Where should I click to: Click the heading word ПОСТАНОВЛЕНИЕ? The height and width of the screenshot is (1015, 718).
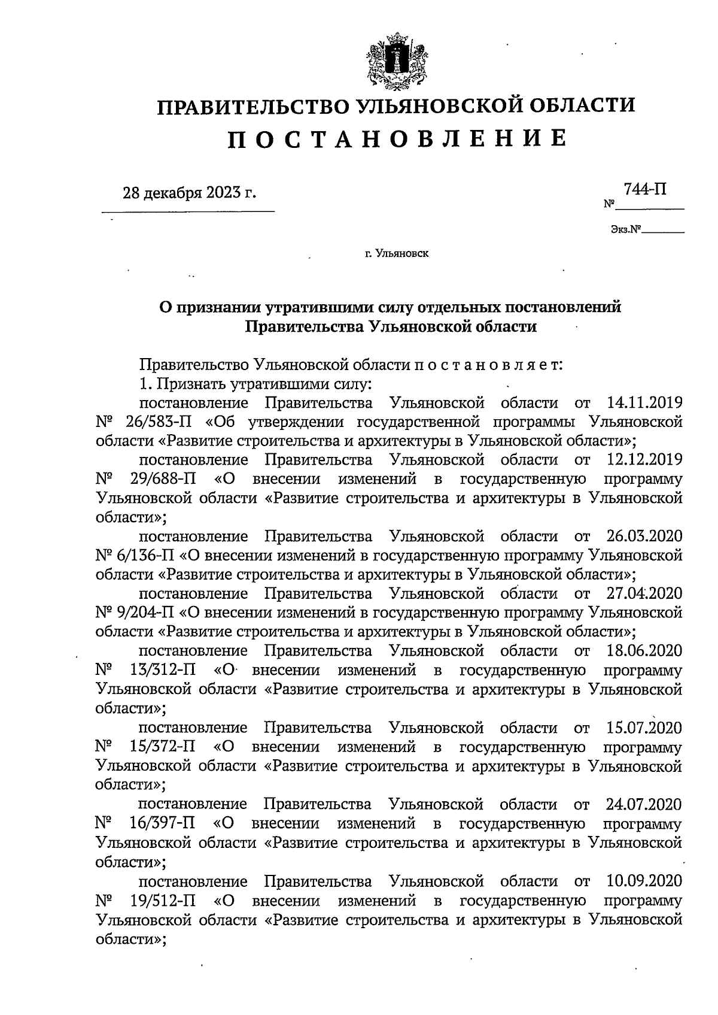(397, 138)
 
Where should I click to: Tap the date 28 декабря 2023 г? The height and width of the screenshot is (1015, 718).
(189, 193)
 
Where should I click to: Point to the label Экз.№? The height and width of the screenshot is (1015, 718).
(625, 229)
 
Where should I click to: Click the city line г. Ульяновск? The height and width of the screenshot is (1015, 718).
(397, 253)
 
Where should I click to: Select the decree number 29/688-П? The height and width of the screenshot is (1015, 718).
(161, 479)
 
